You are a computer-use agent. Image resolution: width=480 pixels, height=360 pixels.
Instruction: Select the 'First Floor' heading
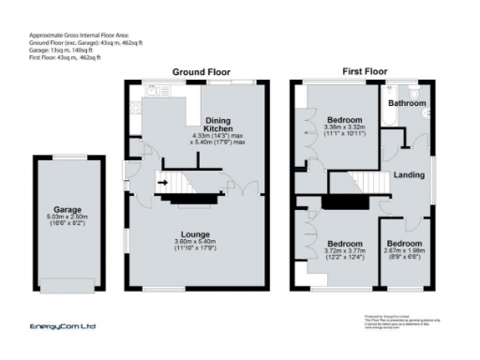(365, 72)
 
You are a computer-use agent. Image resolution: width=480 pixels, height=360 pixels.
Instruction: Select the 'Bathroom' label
(408, 103)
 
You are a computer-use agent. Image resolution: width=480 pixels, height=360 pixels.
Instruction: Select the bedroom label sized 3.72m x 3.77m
(343, 242)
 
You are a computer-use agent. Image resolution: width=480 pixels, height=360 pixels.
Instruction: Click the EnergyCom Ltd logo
(63, 326)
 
